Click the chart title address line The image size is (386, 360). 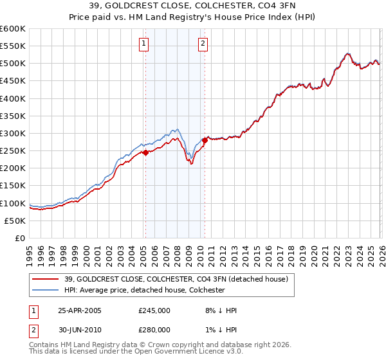pyautogui.click(x=192, y=6)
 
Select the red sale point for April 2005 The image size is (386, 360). pyautogui.click(x=145, y=152)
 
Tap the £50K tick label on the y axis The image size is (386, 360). pyautogui.click(x=15, y=221)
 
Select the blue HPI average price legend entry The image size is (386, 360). pyautogui.click(x=144, y=290)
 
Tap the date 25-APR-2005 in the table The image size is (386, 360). pyautogui.click(x=80, y=310)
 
